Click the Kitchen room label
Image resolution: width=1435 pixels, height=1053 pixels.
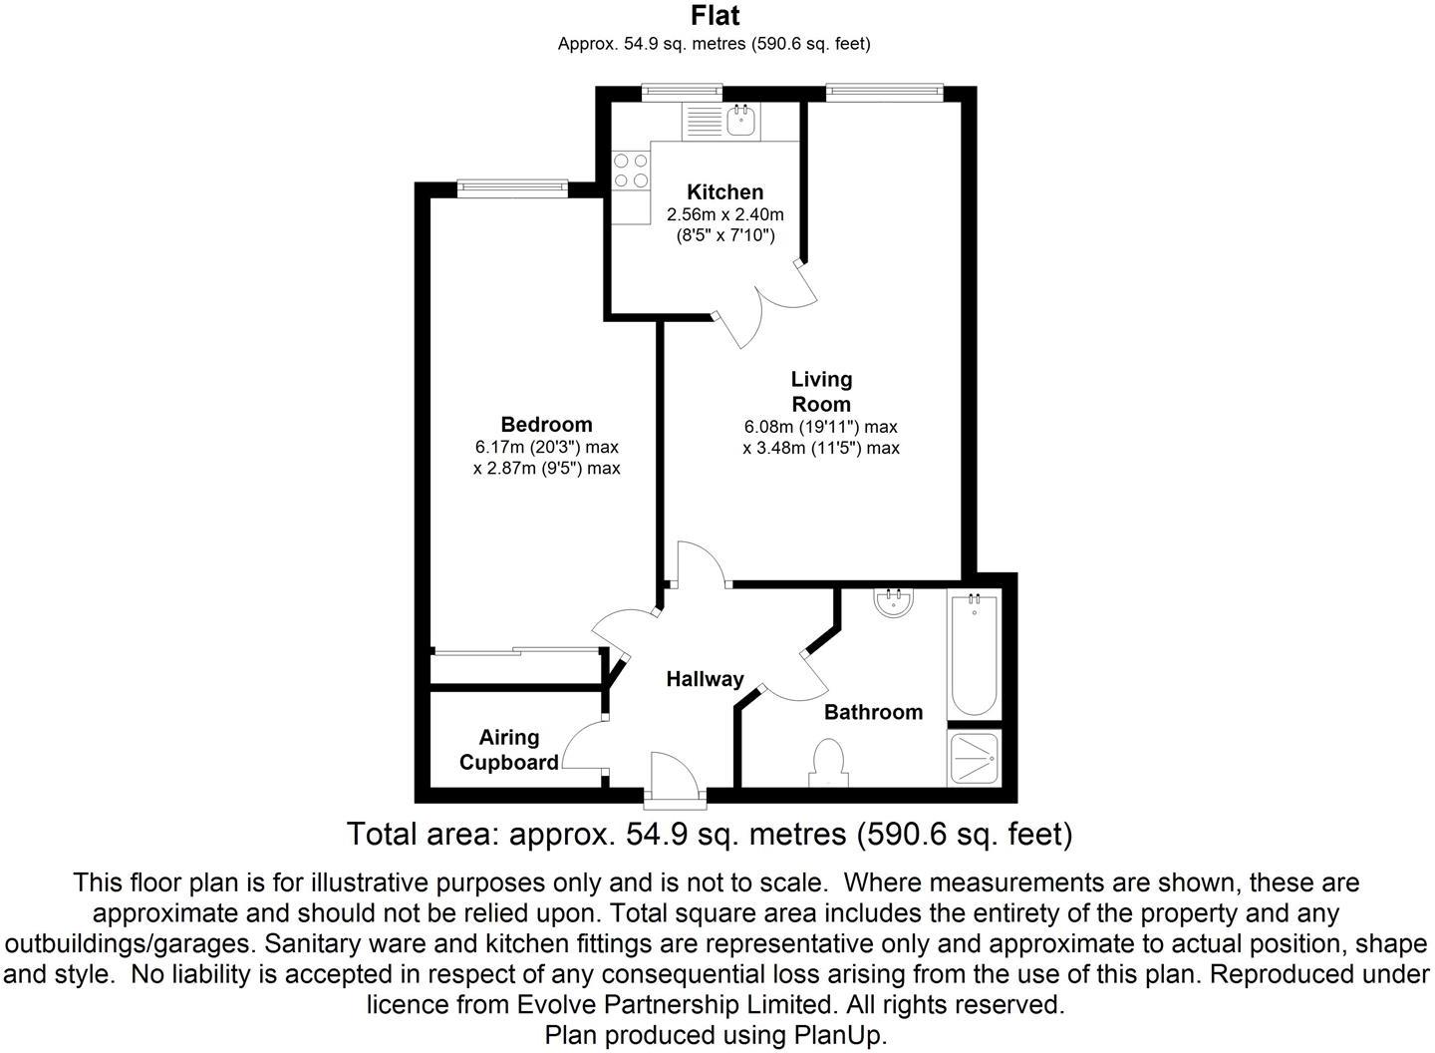pos(724,191)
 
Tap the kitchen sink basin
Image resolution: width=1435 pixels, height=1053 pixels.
pos(741,123)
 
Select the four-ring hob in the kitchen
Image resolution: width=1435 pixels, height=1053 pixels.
pos(630,169)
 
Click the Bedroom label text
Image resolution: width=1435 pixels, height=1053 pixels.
pos(546,424)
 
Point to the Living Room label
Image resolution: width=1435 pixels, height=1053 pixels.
pos(821,391)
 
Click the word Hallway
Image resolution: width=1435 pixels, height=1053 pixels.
pos(705,679)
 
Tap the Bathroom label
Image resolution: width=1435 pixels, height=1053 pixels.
pos(873,712)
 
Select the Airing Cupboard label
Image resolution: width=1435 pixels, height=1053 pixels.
pos(508,750)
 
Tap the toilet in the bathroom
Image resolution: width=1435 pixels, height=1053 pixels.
pos(829,764)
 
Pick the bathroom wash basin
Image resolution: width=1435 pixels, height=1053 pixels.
pos(894,602)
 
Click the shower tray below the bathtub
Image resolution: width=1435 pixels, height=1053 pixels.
pos(974,759)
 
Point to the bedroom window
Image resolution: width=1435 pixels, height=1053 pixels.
pos(512,185)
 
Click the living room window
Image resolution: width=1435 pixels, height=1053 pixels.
pos(883,93)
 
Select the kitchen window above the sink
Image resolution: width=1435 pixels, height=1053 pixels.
pos(683,93)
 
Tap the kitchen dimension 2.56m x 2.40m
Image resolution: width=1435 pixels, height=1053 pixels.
pos(724,214)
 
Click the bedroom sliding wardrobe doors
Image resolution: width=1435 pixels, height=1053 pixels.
pos(517,653)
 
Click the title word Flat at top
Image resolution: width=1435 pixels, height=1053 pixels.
pos(716,16)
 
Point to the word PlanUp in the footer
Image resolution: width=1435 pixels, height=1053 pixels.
pos(839,1035)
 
